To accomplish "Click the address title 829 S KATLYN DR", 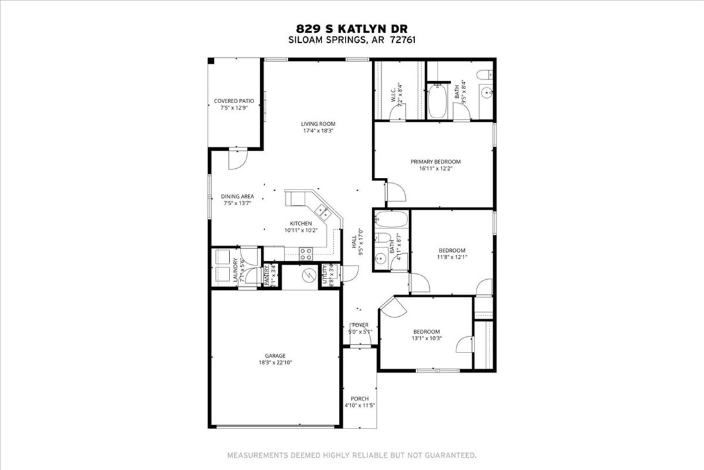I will point(352,28).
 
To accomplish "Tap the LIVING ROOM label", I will point(318,123).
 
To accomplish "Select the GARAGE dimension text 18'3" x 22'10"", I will point(275,363).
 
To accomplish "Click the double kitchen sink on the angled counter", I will point(322,210).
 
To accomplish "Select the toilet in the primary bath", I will point(484,75).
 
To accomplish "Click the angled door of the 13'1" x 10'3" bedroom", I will point(391,308).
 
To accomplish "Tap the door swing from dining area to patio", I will point(239,158).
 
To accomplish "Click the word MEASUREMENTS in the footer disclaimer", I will point(256,455).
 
